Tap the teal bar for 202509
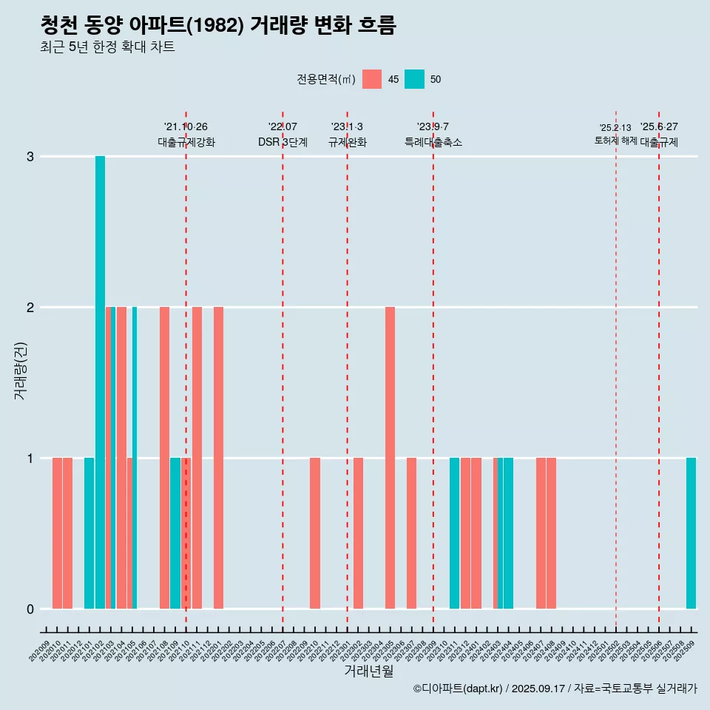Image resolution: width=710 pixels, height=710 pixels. coord(691,533)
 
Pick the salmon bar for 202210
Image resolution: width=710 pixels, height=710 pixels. coord(315,533)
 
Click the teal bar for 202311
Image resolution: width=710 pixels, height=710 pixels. coord(454,533)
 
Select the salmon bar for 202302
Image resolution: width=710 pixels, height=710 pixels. coord(358,533)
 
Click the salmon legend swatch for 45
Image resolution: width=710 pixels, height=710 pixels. coord(372,79)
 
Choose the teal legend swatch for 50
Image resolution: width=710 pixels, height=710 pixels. coord(414,79)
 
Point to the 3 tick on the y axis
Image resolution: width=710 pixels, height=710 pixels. coord(30,157)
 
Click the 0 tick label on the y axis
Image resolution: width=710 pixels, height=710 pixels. coord(30,609)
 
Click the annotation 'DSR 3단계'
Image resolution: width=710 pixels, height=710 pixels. coord(283,142)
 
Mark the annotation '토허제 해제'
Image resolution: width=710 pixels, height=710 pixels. coord(615,140)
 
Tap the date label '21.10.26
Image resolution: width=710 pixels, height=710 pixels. coord(186,126)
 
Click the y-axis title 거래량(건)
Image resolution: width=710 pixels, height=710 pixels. coord(21,370)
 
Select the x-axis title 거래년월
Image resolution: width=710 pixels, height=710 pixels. coord(368,671)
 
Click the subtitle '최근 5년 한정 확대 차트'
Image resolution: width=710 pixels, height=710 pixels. coord(108,47)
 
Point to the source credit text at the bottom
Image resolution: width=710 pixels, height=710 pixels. coord(555,689)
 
